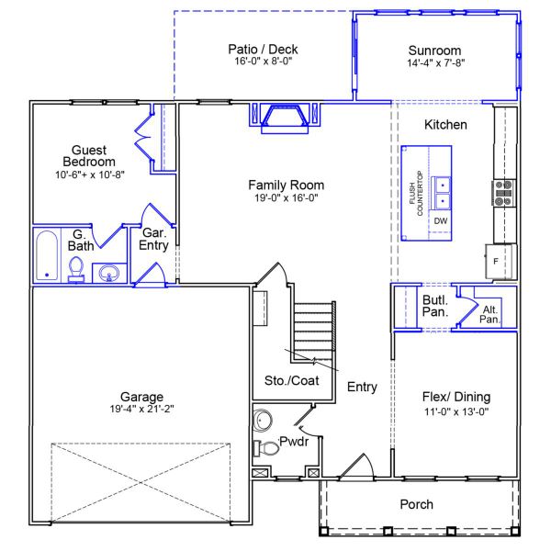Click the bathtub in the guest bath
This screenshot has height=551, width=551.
47,255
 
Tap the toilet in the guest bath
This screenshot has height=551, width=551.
76,269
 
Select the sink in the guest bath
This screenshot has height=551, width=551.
109,273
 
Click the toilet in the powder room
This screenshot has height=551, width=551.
266,448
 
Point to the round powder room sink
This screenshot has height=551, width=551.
262,421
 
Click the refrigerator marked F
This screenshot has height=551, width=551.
501,262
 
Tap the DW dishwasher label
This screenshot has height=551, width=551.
441,221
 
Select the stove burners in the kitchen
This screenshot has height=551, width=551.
503,193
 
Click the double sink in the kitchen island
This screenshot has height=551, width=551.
441,193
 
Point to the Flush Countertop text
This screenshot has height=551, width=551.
416,193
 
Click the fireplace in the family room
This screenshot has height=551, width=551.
285,118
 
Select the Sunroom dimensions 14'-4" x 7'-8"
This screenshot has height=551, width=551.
435,62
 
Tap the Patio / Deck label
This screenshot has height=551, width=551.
263,49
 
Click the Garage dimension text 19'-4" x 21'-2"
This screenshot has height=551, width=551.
141,409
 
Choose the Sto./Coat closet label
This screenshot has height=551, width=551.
292,380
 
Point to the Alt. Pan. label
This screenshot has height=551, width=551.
489,314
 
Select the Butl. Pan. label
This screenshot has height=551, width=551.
435,306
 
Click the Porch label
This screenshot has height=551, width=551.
416,504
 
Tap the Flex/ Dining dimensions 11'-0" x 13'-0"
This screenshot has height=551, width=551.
456,411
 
